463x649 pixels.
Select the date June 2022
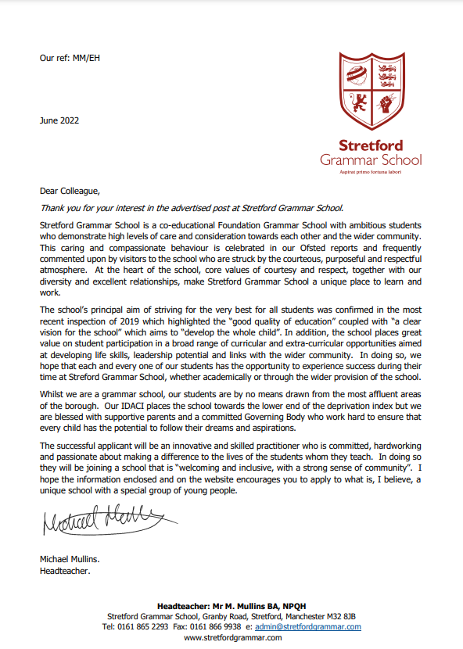tap(59, 120)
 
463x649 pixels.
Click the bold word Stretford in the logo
tap(370, 145)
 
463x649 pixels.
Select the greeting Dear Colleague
tap(70, 191)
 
